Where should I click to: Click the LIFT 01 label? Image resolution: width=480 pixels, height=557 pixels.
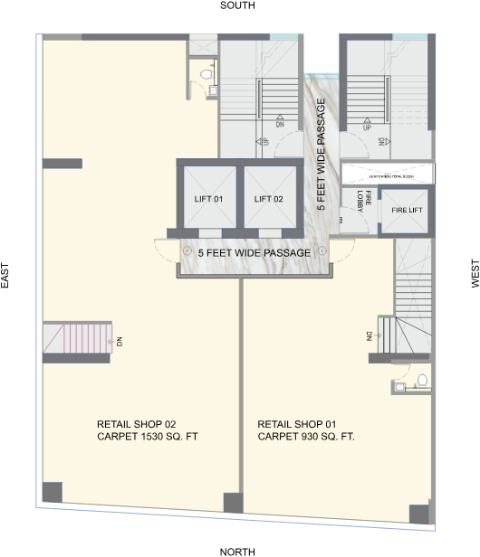pyautogui.click(x=208, y=199)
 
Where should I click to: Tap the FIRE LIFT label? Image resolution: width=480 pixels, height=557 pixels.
pyautogui.click(x=406, y=210)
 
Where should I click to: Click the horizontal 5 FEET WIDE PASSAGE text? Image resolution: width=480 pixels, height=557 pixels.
pyautogui.click(x=254, y=252)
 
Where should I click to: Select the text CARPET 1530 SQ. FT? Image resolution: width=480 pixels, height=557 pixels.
pyautogui.click(x=147, y=437)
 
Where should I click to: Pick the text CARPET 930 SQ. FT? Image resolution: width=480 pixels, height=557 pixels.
pyautogui.click(x=306, y=437)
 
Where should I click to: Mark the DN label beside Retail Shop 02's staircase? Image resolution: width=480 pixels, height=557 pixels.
pyautogui.click(x=119, y=341)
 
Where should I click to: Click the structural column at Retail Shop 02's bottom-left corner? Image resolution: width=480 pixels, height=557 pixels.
pyautogui.click(x=52, y=493)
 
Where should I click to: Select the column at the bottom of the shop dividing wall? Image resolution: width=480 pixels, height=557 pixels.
pyautogui.click(x=234, y=503)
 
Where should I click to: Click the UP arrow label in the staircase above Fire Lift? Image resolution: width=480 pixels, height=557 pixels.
pyautogui.click(x=367, y=127)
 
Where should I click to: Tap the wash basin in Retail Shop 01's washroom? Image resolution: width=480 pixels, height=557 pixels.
pyautogui.click(x=399, y=387)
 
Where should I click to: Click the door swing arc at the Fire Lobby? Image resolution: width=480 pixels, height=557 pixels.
pyautogui.click(x=345, y=220)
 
